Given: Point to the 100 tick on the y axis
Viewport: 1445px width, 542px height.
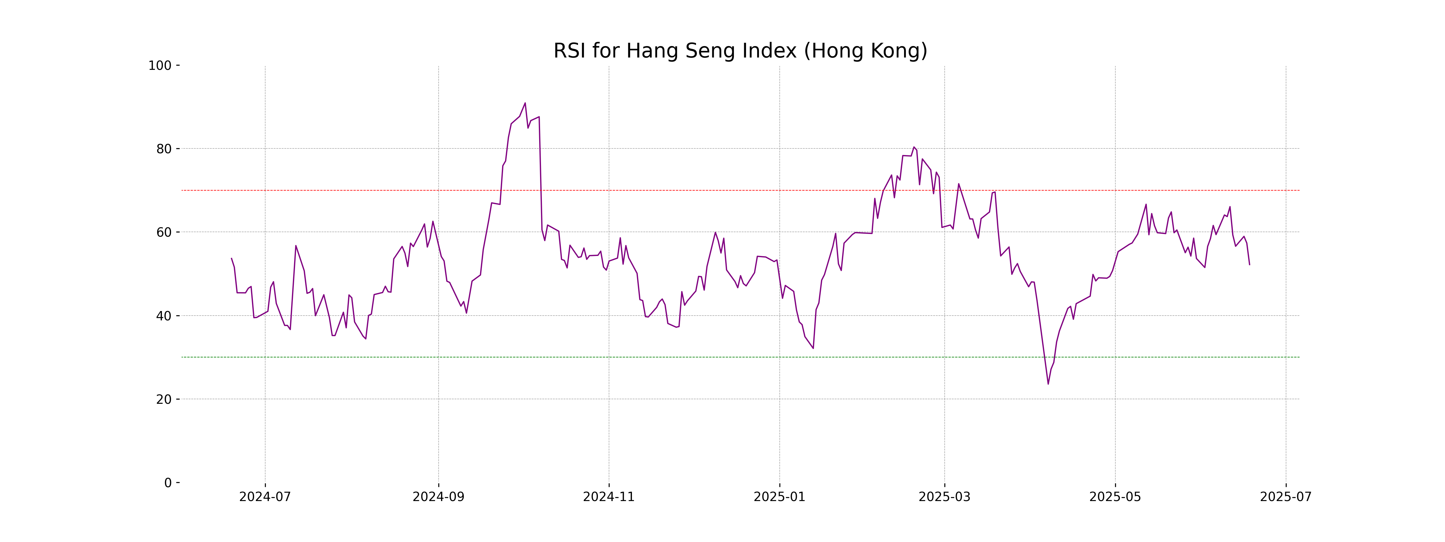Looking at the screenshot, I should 160,66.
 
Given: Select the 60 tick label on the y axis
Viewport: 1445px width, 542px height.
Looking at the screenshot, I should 164,232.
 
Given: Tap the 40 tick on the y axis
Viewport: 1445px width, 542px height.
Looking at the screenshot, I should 164,316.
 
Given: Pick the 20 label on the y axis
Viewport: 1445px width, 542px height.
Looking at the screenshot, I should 164,400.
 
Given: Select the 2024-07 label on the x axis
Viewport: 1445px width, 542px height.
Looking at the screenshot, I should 265,497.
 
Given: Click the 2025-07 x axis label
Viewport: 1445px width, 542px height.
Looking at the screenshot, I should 1286,497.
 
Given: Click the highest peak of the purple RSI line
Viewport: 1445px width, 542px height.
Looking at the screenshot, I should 525,103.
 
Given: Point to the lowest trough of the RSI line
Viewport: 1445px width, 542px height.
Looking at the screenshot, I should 1048,384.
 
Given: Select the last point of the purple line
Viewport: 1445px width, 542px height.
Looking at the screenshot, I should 1249,264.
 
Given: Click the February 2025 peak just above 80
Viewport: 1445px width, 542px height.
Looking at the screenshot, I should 914,147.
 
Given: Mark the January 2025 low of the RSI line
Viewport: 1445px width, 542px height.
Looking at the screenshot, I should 813,348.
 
